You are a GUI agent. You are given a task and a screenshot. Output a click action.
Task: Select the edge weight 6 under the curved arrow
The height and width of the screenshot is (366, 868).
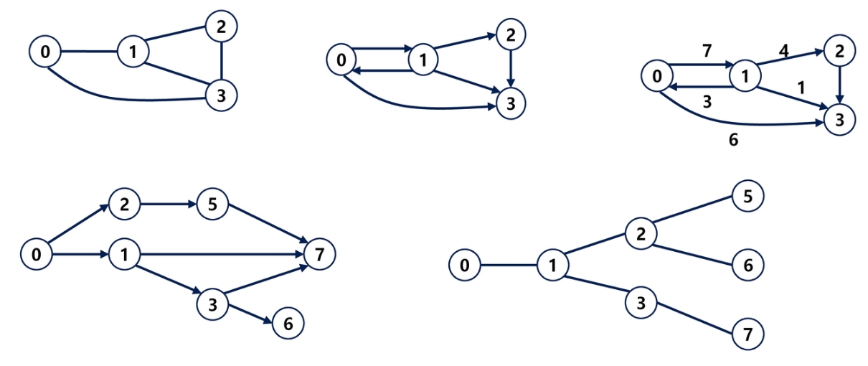click(733, 140)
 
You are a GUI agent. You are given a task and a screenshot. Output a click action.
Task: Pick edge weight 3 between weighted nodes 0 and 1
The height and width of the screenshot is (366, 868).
click(707, 100)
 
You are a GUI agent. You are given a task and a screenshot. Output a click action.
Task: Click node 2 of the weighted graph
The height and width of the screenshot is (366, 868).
click(839, 51)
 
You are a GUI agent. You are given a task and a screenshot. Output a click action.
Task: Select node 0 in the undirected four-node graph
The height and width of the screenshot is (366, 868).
click(45, 51)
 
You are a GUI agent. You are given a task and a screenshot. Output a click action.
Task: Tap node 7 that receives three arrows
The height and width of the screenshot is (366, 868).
click(319, 253)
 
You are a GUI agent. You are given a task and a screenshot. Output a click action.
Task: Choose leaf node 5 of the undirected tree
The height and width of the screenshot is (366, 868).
click(748, 196)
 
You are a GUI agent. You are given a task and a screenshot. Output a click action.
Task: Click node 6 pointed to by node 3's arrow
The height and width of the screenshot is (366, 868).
click(288, 324)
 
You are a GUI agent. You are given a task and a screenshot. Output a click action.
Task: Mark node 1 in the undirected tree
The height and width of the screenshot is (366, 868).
click(553, 266)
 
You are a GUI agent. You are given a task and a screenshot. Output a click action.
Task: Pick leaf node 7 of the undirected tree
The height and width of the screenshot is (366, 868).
click(748, 334)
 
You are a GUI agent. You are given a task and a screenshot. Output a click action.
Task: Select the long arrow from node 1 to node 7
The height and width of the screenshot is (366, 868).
click(222, 254)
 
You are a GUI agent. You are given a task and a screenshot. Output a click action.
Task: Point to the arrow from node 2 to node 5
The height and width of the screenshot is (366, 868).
click(169, 205)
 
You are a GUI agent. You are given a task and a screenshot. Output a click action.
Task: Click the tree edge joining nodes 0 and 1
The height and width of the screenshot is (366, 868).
click(509, 266)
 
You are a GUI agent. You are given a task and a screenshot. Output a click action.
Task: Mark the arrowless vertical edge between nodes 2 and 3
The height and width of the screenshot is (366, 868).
click(221, 61)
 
